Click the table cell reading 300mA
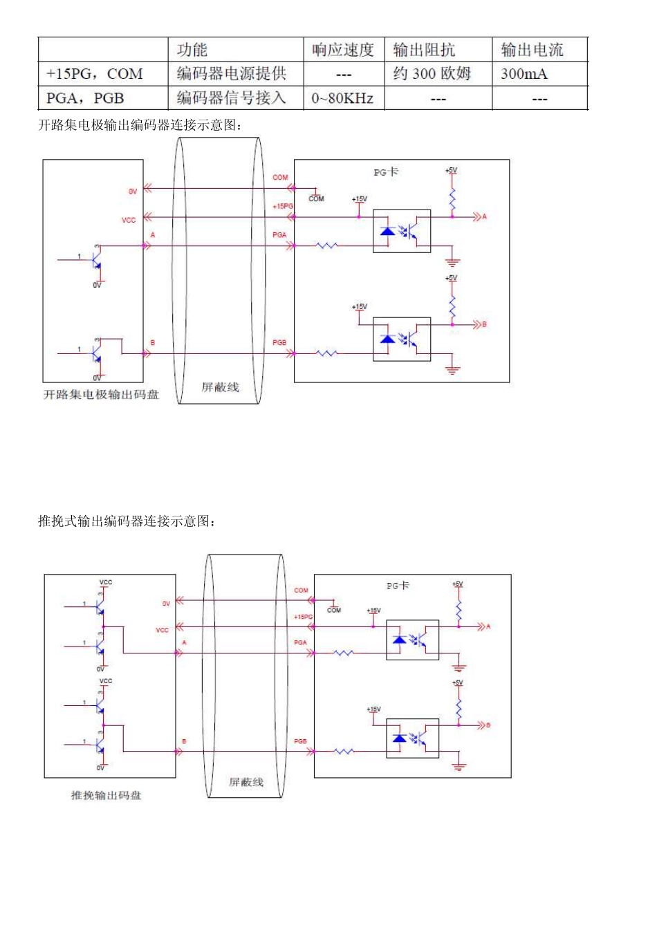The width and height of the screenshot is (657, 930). [524, 74]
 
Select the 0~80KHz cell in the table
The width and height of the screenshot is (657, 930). [342, 98]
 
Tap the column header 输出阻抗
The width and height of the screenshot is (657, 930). [424, 50]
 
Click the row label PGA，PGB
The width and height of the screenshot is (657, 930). [85, 98]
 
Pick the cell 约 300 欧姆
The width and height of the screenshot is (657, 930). [432, 74]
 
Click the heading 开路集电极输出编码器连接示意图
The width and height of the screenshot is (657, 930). [140, 125]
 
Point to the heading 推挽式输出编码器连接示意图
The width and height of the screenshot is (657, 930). [127, 521]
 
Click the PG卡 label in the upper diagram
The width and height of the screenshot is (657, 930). [386, 172]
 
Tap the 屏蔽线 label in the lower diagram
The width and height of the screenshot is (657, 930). [246, 782]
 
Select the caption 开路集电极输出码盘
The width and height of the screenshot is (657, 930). [101, 394]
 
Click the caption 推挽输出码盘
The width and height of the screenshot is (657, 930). [106, 795]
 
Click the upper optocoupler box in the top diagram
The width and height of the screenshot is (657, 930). [402, 231]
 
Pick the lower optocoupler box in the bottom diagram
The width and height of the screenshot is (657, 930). [412, 738]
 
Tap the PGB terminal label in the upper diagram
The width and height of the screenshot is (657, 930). [279, 343]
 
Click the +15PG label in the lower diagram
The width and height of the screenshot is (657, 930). [303, 617]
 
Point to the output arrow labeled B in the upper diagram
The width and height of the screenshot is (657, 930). [479, 324]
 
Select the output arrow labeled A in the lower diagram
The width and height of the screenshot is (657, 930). [483, 626]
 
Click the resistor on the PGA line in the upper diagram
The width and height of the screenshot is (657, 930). [326, 245]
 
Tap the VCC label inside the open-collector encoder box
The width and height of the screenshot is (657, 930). [129, 220]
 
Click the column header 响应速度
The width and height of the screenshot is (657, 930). [343, 50]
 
